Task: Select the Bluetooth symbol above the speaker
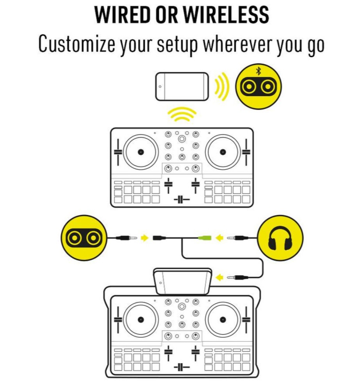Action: [x=258, y=71]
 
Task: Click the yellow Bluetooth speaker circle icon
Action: [x=258, y=86]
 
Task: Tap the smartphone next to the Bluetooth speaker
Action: [x=182, y=86]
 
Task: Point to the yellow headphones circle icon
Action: [x=280, y=237]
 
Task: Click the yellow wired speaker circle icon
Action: [x=83, y=237]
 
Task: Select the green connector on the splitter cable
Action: [x=205, y=237]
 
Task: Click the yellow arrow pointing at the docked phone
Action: [x=221, y=278]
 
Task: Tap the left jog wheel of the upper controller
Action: [x=140, y=152]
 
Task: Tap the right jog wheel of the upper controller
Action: [x=222, y=152]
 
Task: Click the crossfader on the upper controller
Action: [x=181, y=200]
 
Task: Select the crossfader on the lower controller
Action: [x=181, y=367]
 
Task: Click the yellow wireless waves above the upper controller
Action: [x=182, y=115]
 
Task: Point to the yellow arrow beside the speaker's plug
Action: [x=145, y=237]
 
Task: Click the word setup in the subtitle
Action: [x=178, y=45]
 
